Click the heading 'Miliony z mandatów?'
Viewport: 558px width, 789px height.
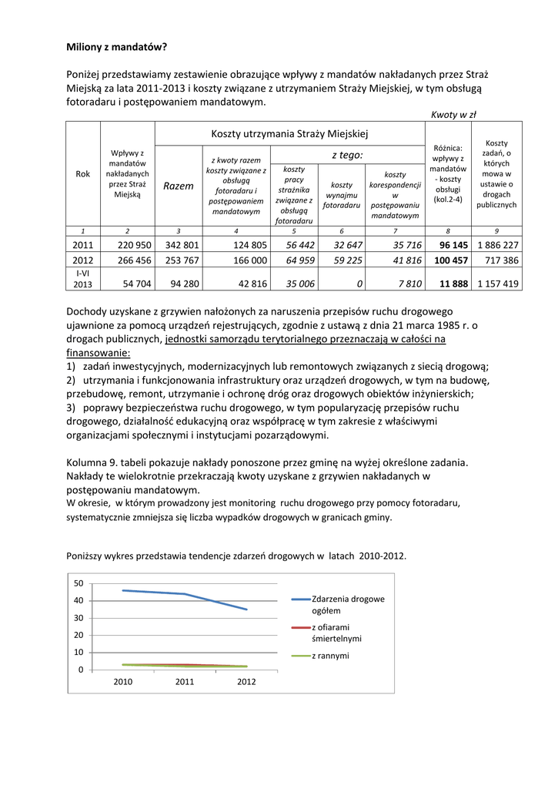tap(116, 47)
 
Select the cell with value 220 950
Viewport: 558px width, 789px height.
tap(135, 244)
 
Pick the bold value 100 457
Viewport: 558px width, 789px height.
tap(451, 260)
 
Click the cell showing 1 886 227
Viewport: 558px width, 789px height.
tap(498, 244)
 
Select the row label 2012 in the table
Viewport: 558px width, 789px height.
tap(82, 260)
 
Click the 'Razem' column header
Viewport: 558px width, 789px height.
tap(179, 186)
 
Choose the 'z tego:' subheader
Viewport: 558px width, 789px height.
tap(347, 155)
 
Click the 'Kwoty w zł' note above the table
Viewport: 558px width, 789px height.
tap(453, 115)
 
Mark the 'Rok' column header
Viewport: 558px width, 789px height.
tap(83, 174)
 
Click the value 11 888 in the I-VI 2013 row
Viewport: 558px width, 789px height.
tap(453, 284)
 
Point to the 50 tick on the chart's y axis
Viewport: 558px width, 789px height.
tap(79, 583)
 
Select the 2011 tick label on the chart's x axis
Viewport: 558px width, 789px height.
tap(185, 682)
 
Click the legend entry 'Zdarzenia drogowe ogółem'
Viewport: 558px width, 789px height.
tap(348, 604)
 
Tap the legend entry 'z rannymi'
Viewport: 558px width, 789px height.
tap(330, 656)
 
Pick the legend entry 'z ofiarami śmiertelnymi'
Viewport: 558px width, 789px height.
tap(336, 633)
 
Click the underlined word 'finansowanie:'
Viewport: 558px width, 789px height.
tap(99, 352)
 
